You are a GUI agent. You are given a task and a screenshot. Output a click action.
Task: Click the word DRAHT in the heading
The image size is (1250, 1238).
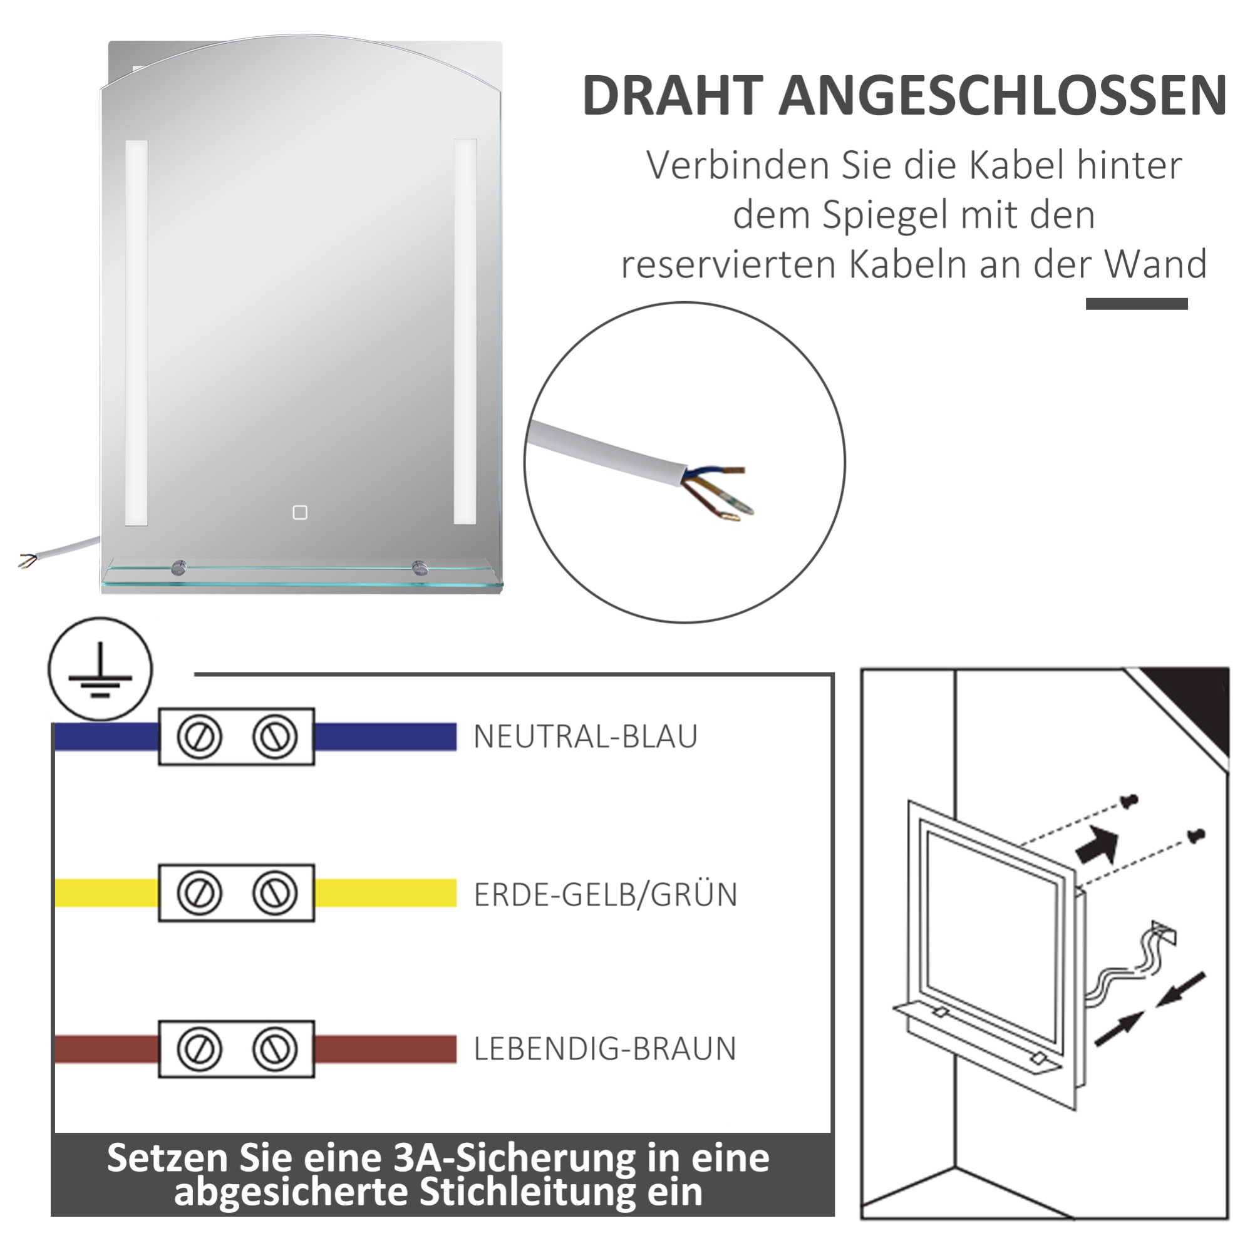[673, 96]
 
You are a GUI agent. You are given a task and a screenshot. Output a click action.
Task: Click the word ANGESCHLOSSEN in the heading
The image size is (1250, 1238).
[1002, 96]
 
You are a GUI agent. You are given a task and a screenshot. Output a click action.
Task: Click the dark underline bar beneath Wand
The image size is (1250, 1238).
[1136, 304]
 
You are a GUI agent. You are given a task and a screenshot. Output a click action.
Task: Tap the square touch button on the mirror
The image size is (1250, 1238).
[299, 512]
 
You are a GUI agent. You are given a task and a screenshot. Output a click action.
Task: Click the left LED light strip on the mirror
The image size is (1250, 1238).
[137, 333]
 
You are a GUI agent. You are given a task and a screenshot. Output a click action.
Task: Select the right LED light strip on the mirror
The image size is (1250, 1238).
[465, 331]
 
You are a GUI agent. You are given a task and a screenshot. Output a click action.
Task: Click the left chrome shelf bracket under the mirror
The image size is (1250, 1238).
[178, 568]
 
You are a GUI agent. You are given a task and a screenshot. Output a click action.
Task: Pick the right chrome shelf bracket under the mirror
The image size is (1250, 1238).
[420, 568]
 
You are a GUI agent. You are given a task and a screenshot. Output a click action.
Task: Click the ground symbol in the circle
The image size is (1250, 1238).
[100, 669]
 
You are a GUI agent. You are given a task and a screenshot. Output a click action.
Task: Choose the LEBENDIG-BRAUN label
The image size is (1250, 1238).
[605, 1048]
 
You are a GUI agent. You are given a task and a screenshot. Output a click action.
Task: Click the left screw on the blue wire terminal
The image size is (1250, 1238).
[199, 736]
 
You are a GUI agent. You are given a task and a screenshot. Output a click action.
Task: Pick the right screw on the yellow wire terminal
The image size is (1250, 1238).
[275, 892]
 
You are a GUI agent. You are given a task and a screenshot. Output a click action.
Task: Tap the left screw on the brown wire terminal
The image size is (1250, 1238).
[199, 1048]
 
